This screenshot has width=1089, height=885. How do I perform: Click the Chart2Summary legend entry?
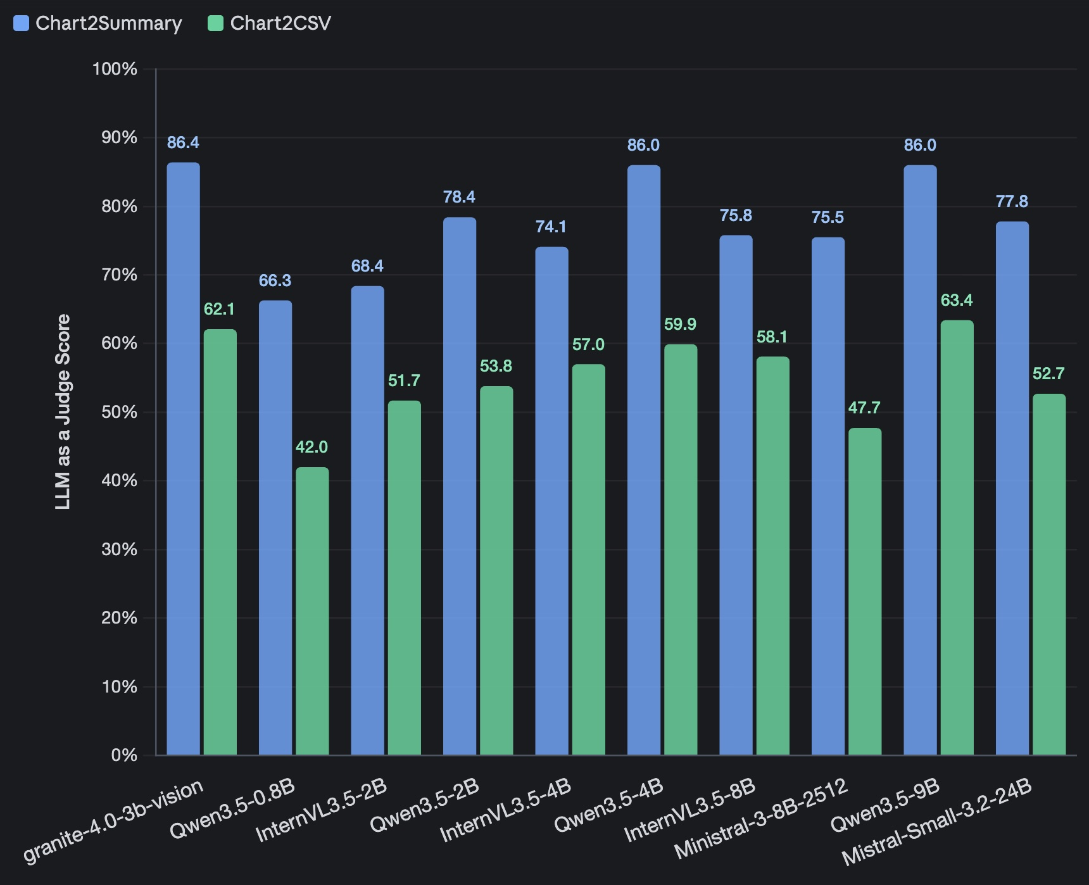(x=98, y=23)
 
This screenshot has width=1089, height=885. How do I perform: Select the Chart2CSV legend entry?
(x=270, y=23)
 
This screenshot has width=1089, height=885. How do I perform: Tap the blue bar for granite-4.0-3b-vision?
(x=183, y=458)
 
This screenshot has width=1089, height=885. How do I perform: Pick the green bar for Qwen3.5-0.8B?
(x=312, y=611)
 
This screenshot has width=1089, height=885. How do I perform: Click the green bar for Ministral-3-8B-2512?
(x=865, y=591)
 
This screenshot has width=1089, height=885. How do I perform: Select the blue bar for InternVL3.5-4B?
(x=551, y=501)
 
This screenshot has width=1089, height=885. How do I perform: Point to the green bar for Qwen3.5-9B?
(x=957, y=537)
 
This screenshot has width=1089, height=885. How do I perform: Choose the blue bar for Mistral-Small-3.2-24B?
(x=1012, y=488)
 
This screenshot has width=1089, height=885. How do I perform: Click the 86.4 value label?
(x=183, y=142)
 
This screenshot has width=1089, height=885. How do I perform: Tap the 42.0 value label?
(x=312, y=447)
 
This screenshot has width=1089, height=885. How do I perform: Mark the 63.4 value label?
(x=957, y=300)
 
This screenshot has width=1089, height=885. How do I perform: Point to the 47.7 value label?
(x=864, y=408)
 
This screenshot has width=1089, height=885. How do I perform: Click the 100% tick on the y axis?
(x=115, y=69)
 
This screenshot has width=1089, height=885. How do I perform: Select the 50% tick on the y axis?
(x=118, y=412)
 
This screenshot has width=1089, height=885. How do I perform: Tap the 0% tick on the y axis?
(x=123, y=755)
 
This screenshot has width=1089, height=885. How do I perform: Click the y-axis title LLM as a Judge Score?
(x=63, y=411)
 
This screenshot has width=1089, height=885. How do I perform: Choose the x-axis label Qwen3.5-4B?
(x=609, y=806)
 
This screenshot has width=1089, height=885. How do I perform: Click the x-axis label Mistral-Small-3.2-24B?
(x=938, y=822)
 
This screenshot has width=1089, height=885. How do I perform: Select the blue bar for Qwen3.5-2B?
(x=460, y=486)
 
